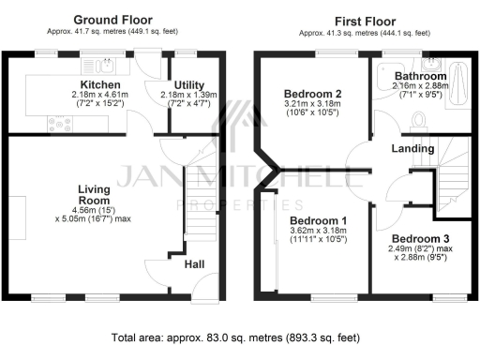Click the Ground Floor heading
coord(114,19)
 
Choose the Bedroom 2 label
coord(312,94)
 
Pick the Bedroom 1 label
coord(312,220)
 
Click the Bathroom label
coord(419,75)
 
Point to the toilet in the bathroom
coord(419,118)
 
